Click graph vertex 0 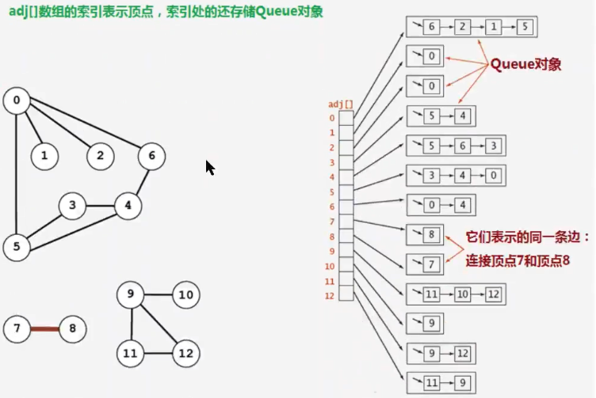coord(16,100)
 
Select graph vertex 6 coord(151,156)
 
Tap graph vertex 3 coord(72,207)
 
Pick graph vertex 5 coord(16,247)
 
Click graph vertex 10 coord(185,296)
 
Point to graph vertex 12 coord(185,352)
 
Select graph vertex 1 coord(44,156)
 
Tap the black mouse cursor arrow coord(210,168)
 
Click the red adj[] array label coord(341,104)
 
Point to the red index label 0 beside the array coord(332,119)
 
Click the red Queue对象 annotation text coord(525,65)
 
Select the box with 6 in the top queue coord(431,27)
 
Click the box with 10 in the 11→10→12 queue coord(463,294)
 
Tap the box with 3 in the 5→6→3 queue coord(493,146)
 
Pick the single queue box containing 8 coord(431,235)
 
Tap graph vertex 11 coord(129,352)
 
